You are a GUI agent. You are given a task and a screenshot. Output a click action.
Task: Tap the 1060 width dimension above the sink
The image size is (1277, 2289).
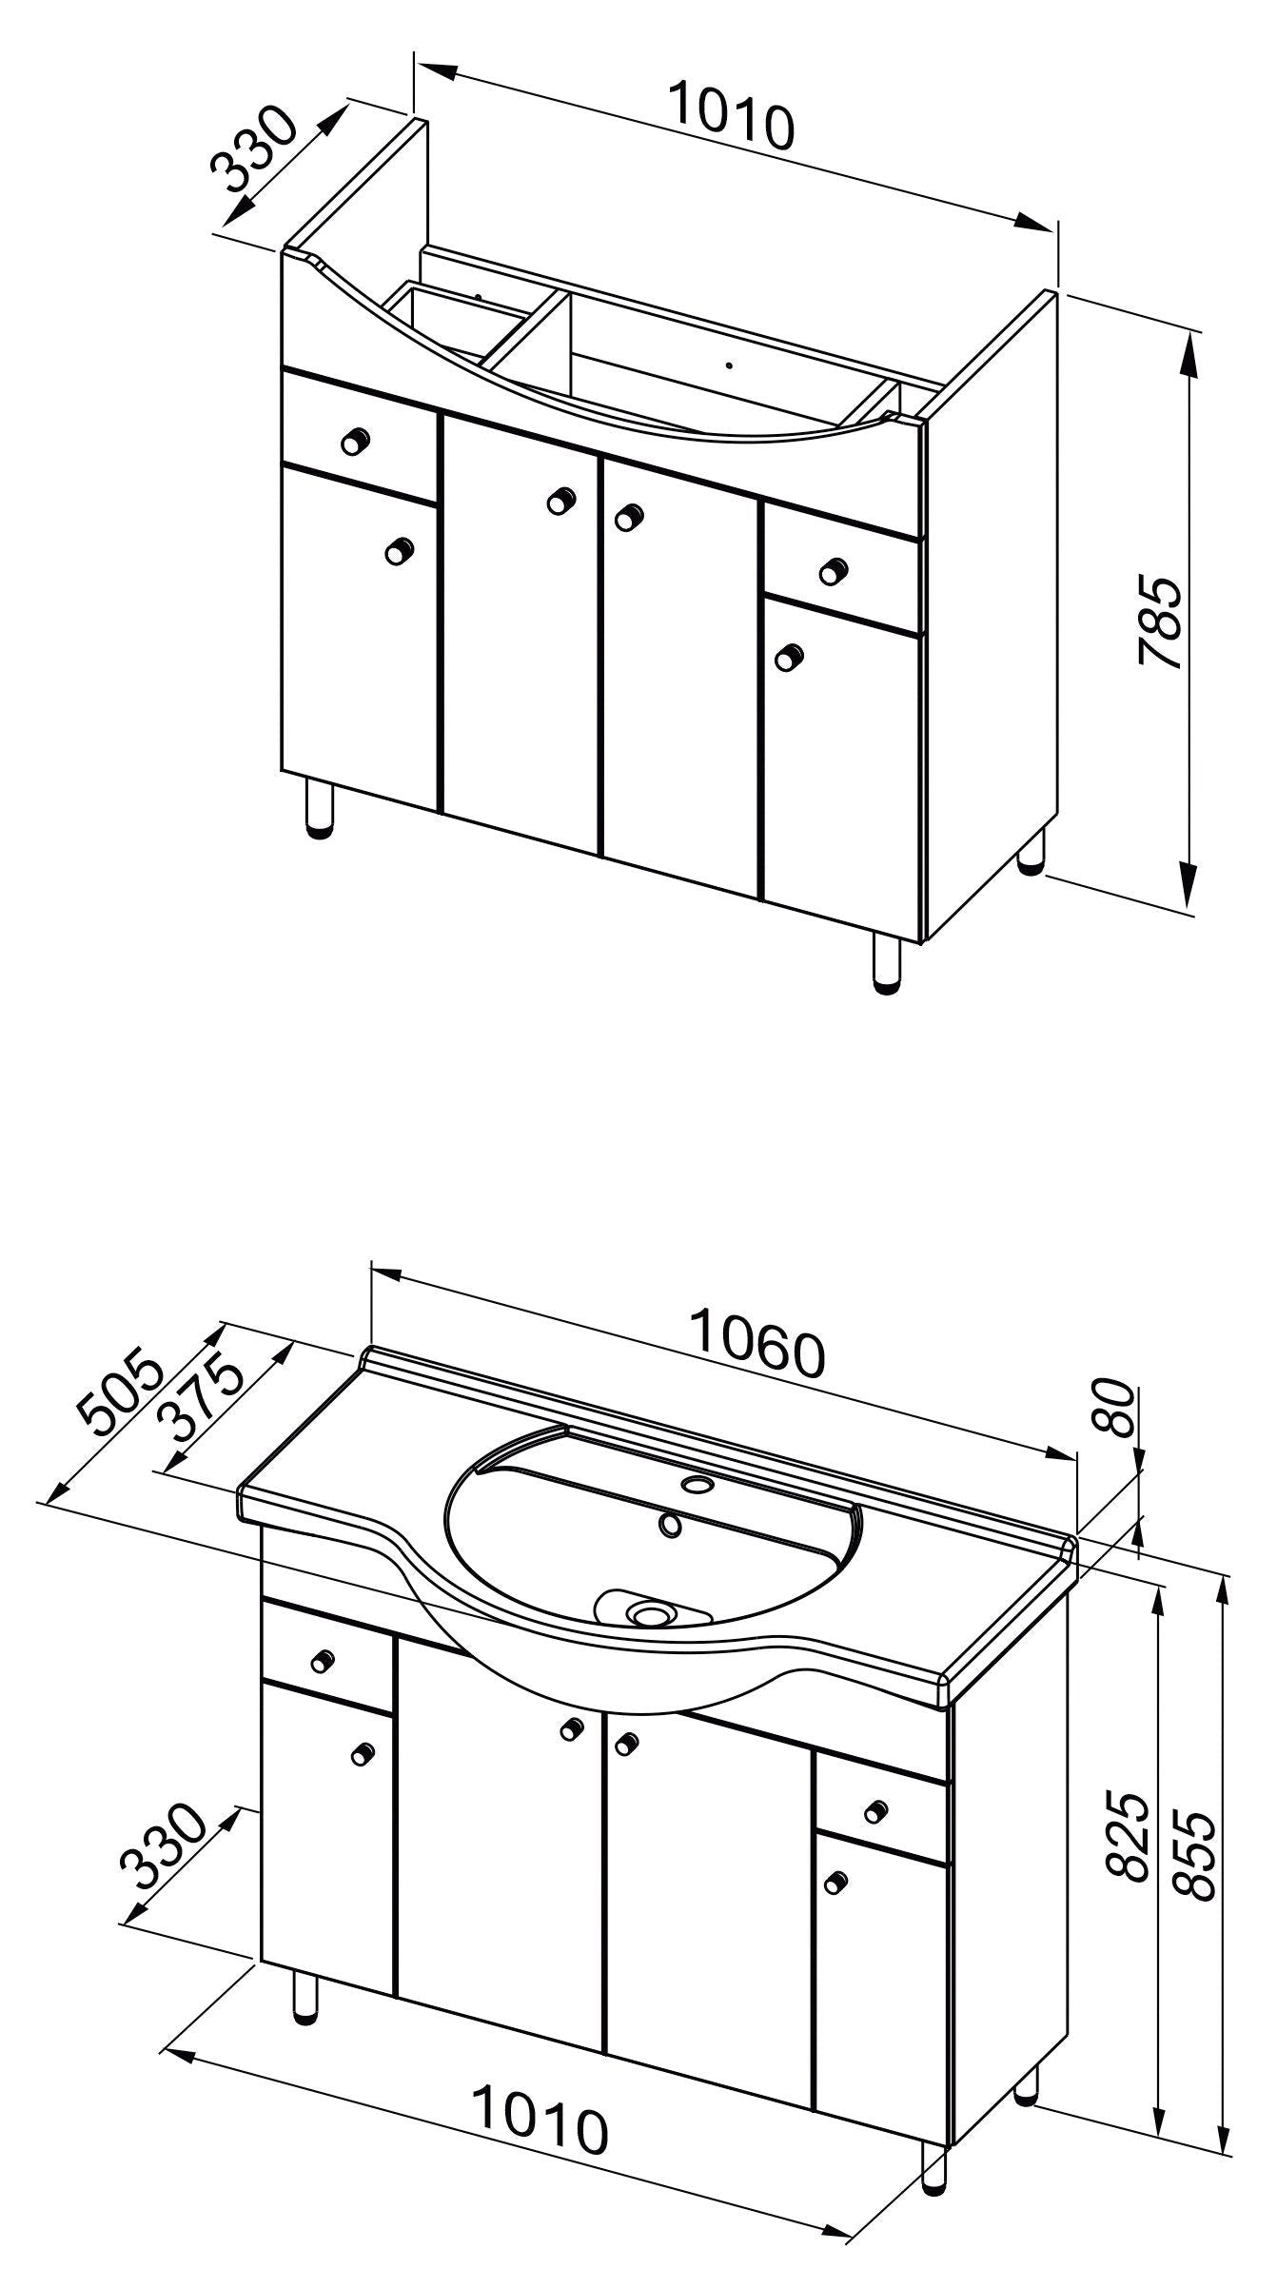pos(757,1344)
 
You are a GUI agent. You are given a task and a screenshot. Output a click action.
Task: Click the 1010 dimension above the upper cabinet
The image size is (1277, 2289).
pos(730,115)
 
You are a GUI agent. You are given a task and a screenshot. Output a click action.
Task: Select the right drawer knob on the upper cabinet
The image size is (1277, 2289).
pos(834,569)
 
